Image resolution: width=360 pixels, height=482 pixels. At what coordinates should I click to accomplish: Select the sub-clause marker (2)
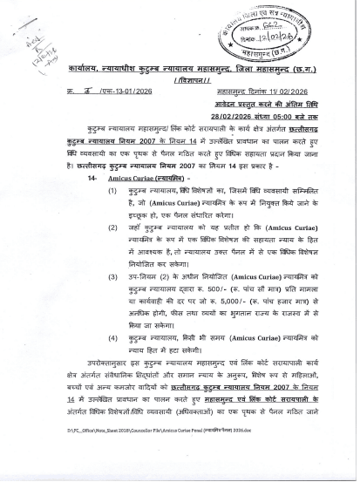pos(113,226)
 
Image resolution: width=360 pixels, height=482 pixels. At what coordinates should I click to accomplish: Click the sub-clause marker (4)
pos(113,336)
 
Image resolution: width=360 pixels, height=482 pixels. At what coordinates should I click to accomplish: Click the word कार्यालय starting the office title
pos(85,67)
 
